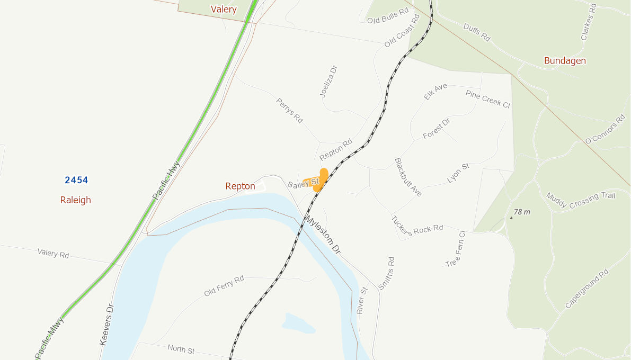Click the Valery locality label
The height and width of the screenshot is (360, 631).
pyautogui.click(x=224, y=9)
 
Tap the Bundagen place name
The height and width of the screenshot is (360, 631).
pyautogui.click(x=565, y=60)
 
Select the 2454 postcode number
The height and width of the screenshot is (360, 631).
pyautogui.click(x=76, y=180)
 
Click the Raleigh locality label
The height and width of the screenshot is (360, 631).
pyautogui.click(x=75, y=200)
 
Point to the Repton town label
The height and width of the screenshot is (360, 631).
pyautogui.click(x=240, y=186)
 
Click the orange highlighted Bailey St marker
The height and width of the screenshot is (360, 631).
pyautogui.click(x=319, y=180)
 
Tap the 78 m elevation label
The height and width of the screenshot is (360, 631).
pyautogui.click(x=522, y=212)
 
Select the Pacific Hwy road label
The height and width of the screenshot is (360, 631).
pyautogui.click(x=166, y=180)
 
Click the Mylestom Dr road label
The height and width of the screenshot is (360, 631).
pyautogui.click(x=323, y=234)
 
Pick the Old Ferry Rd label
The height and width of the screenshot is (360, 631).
pyautogui.click(x=224, y=286)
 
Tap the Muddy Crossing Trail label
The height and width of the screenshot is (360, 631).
pyautogui.click(x=581, y=201)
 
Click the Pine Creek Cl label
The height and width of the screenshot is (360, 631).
pyautogui.click(x=487, y=98)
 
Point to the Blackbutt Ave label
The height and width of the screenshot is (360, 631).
pyautogui.click(x=408, y=177)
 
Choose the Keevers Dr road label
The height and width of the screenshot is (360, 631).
pyautogui.click(x=106, y=325)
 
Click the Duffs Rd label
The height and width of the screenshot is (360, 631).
pyautogui.click(x=477, y=32)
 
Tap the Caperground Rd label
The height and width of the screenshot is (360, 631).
pyautogui.click(x=587, y=289)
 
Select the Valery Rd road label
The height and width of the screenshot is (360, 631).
pyautogui.click(x=53, y=253)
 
